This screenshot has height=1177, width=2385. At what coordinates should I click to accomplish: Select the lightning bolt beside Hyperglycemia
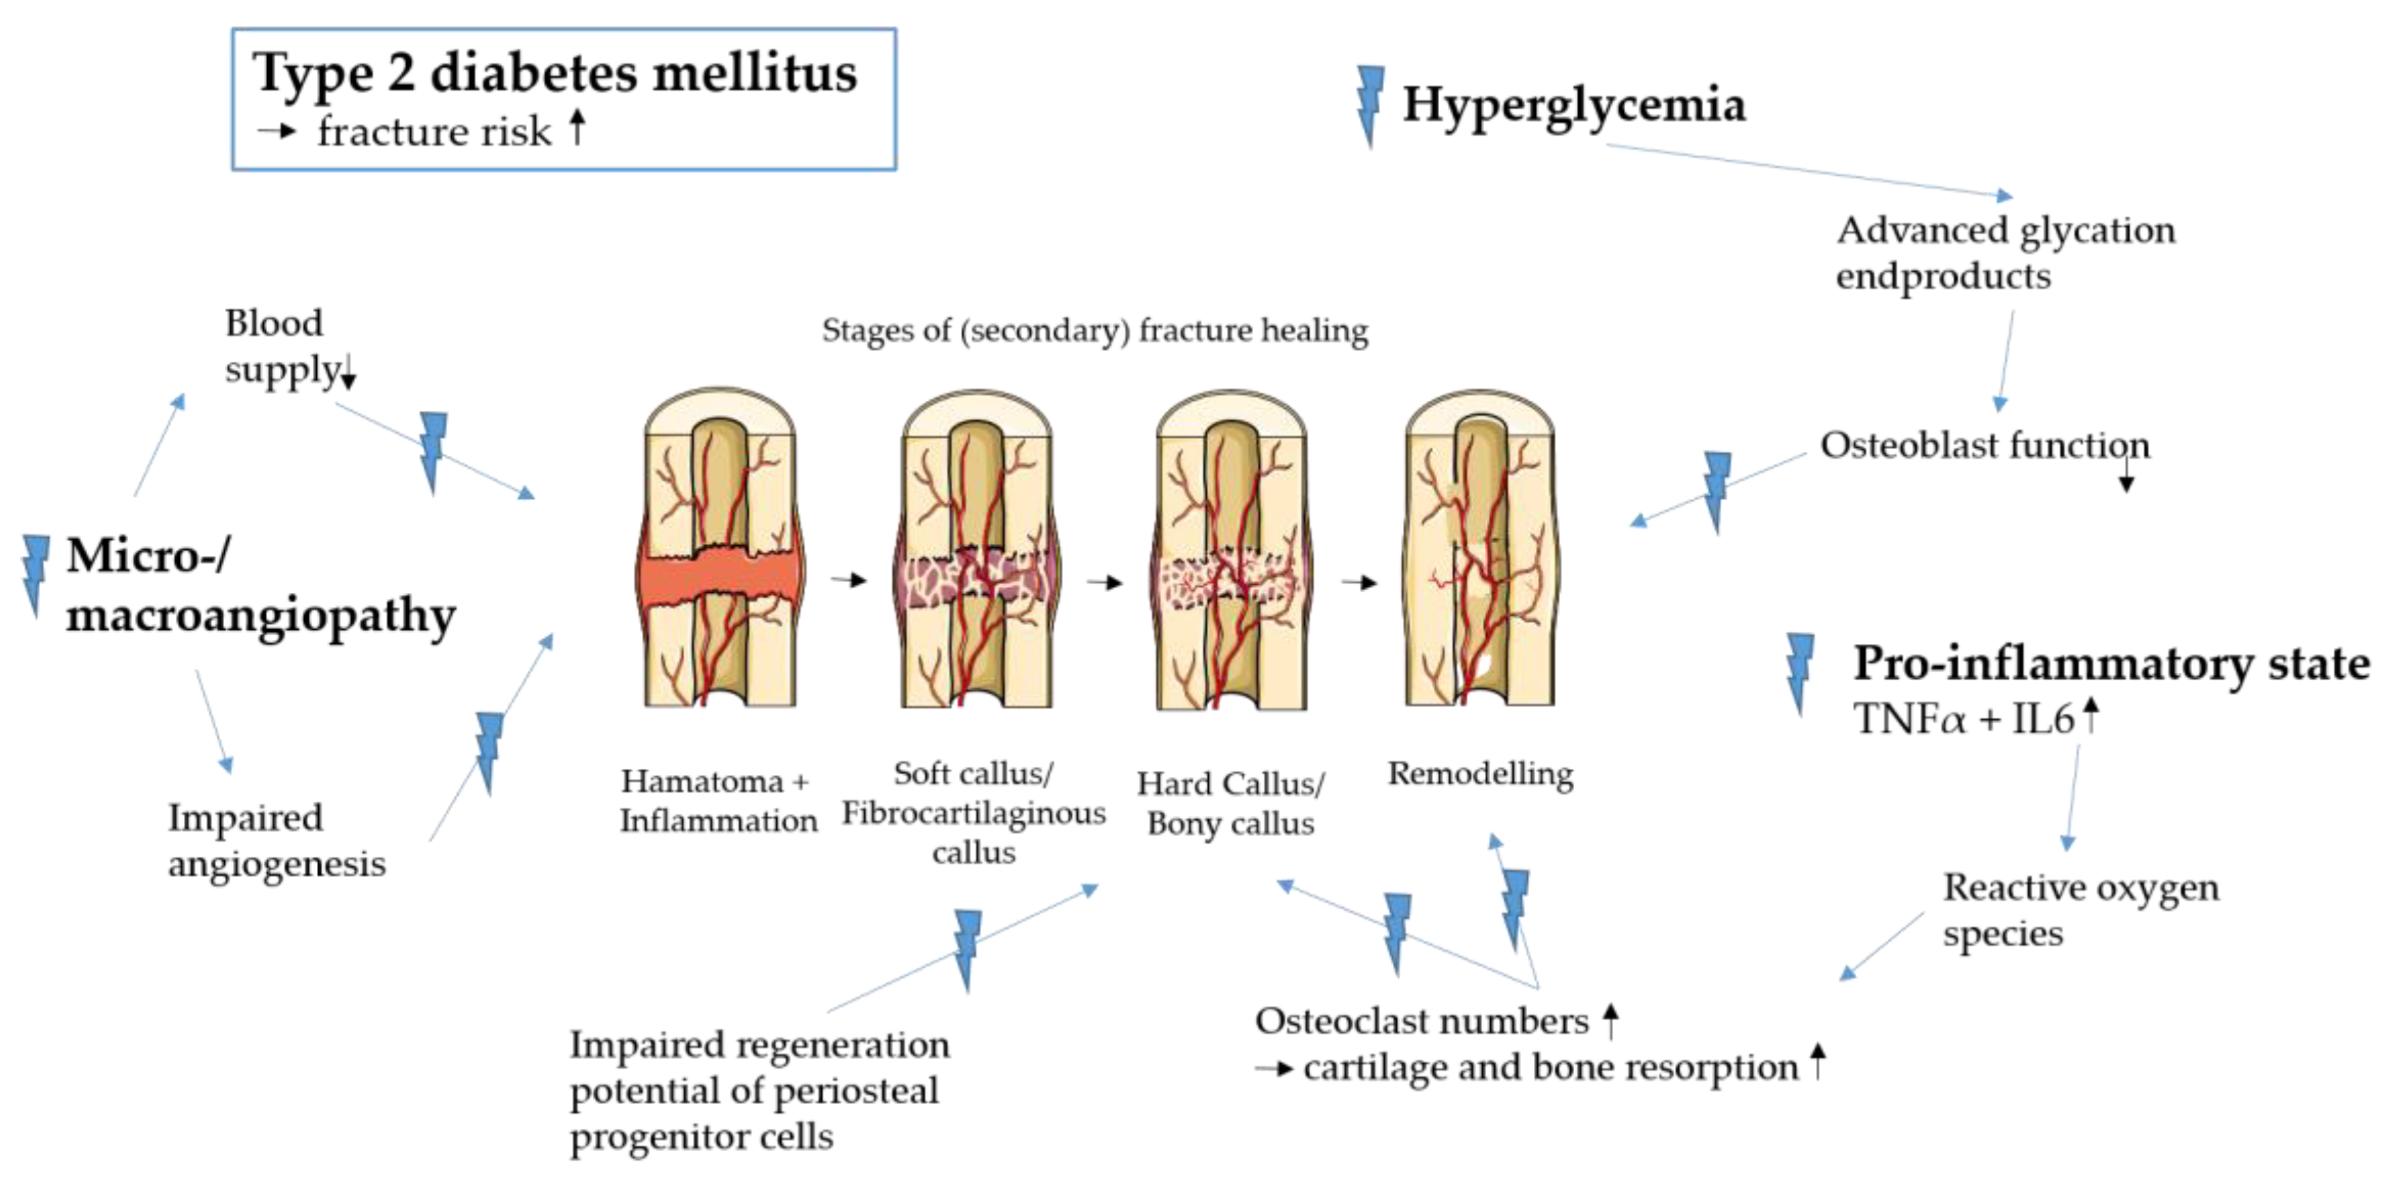(x=1370, y=105)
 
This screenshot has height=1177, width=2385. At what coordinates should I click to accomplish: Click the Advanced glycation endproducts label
(x=2005, y=252)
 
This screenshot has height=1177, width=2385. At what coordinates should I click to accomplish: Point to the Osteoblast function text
(x=1984, y=446)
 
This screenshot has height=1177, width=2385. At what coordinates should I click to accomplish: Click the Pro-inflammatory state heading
(x=2111, y=663)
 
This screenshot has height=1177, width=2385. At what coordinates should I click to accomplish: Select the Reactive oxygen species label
(x=2080, y=909)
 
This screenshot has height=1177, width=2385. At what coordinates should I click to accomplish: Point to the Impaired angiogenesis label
(x=276, y=840)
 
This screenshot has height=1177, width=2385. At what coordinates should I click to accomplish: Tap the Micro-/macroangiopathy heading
(x=259, y=585)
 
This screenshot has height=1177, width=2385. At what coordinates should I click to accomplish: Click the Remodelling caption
(x=1479, y=774)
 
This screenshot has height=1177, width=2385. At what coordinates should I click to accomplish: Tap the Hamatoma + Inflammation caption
(x=718, y=800)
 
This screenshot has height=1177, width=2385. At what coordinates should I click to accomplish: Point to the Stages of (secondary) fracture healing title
(x=1094, y=331)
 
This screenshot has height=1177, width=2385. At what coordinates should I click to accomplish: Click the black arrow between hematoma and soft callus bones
(x=848, y=581)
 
